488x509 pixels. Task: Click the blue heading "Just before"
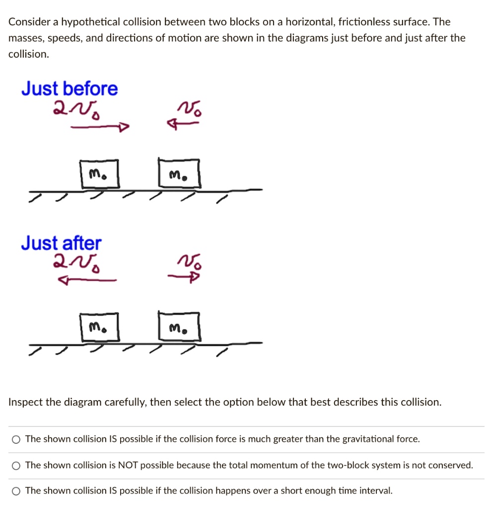click(70, 89)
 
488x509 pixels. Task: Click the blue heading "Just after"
click(61, 244)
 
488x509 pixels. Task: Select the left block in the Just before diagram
click(100, 174)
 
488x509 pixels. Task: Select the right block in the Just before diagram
click(179, 174)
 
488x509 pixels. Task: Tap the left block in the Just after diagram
click(100, 328)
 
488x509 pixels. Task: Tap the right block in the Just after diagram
click(179, 328)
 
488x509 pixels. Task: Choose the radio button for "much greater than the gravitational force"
click(17, 439)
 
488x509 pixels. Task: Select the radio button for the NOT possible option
click(17, 466)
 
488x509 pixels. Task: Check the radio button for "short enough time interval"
click(17, 491)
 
